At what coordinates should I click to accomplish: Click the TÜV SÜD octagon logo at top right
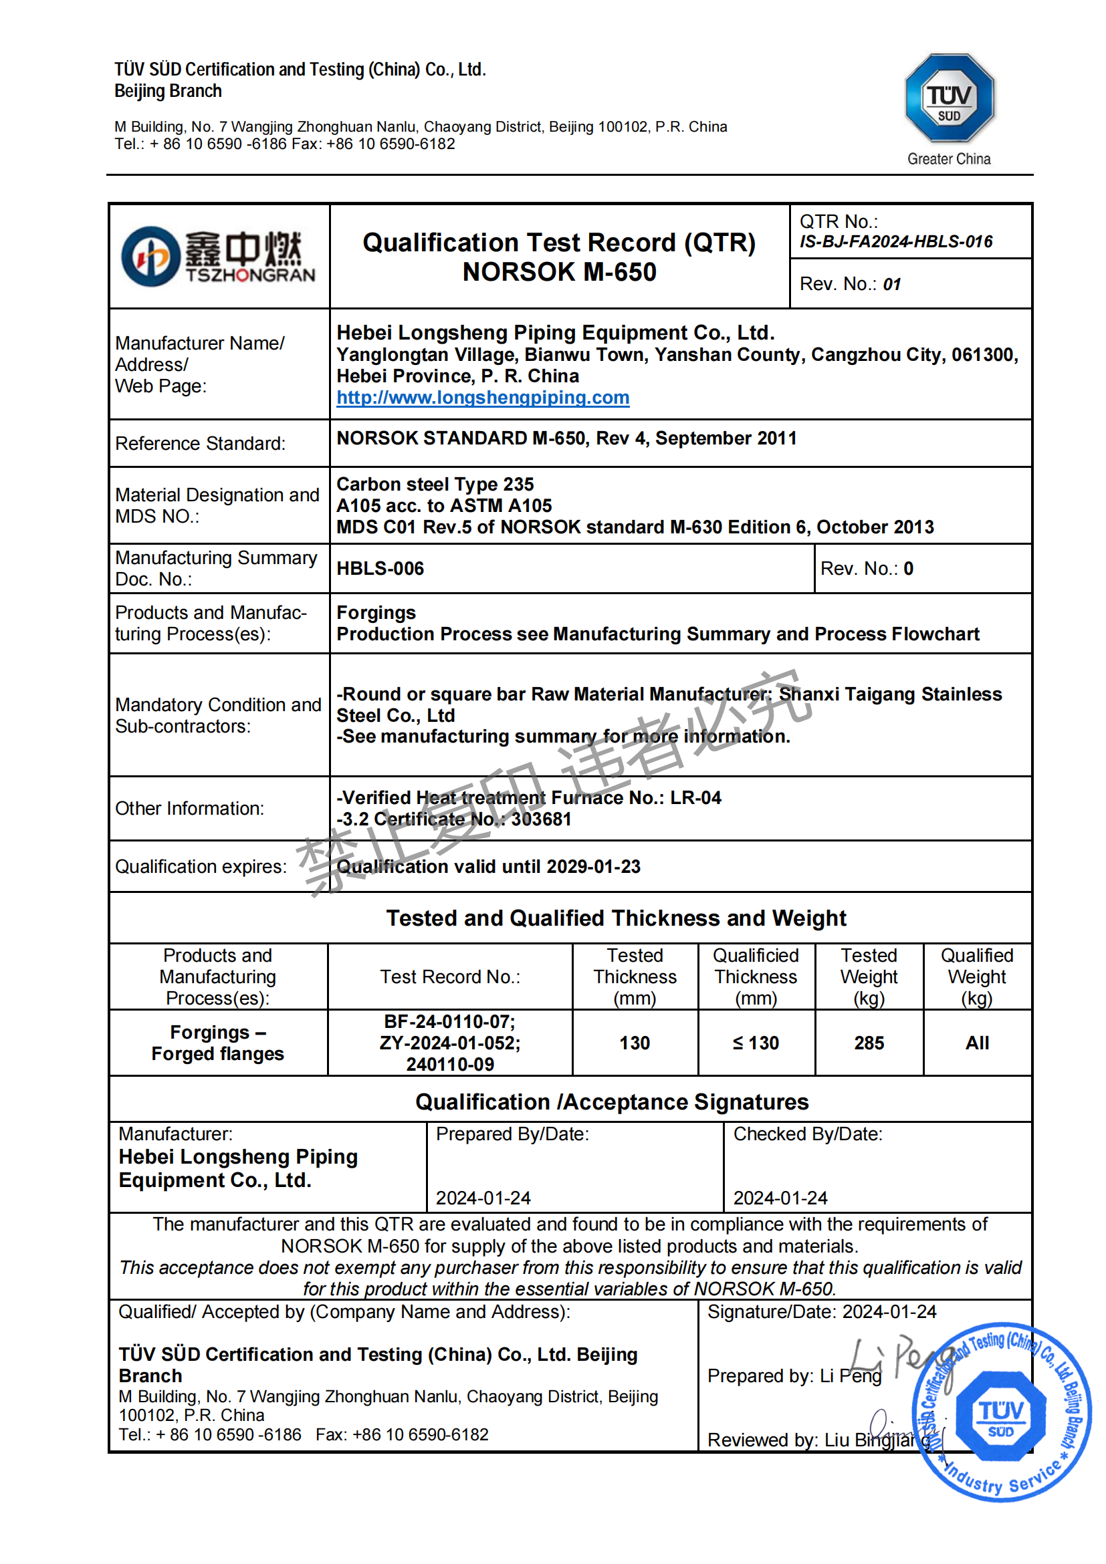pos(949,98)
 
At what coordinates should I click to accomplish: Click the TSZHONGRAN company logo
pos(218,256)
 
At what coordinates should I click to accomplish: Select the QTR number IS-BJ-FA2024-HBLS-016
pos(895,242)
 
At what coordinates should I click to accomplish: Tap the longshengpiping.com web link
pos(483,398)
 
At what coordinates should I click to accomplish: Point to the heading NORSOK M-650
pos(559,273)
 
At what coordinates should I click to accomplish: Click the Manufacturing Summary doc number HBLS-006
pos(380,569)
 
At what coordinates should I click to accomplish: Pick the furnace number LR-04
pos(695,797)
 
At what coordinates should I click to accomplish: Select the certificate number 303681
pos(541,819)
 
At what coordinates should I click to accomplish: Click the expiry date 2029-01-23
pos(593,866)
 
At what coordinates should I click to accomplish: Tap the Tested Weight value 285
pos(869,1043)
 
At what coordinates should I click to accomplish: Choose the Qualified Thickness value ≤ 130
pos(755,1043)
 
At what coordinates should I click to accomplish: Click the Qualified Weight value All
pos(976,1043)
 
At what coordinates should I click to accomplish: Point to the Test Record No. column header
pos(450,976)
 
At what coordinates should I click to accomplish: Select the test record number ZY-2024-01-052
pos(450,1043)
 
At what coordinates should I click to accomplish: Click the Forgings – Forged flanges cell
pos(217,1043)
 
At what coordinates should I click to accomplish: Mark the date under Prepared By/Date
pos(483,1198)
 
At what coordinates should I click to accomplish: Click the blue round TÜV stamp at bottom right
pos(1000,1412)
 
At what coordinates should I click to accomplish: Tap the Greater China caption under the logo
pos(949,158)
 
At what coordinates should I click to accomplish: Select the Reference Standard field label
pos(201,443)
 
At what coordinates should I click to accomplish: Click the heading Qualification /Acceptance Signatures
pos(611,1101)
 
